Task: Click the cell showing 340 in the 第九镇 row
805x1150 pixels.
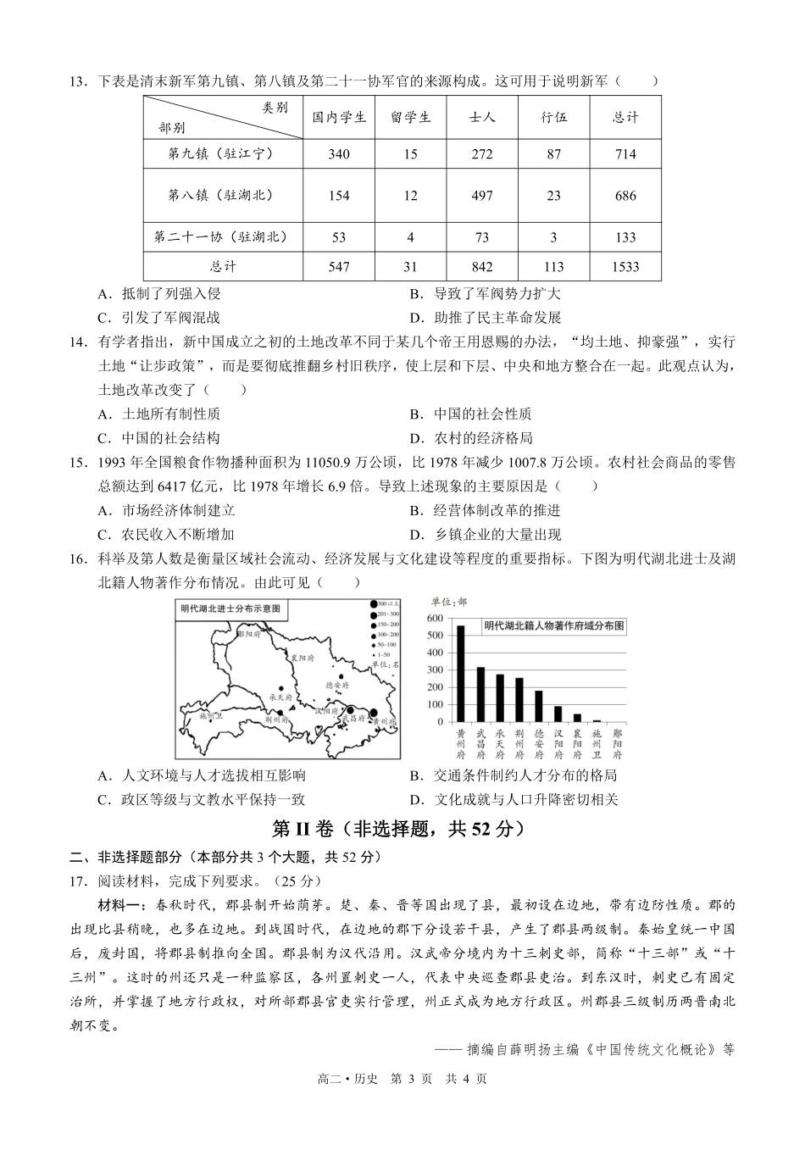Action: [338, 154]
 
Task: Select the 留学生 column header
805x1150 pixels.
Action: [411, 118]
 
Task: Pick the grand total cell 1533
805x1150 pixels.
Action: [625, 267]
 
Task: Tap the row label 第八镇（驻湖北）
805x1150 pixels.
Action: [223, 196]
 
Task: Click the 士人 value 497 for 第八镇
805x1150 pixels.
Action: [481, 196]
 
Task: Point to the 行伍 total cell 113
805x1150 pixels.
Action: [553, 267]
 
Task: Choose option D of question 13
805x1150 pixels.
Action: [485, 318]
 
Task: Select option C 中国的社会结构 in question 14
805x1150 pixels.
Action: [159, 438]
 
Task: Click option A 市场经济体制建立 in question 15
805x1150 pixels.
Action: [167, 510]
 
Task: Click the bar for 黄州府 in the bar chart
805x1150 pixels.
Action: [461, 674]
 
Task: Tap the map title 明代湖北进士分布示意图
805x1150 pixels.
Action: [230, 608]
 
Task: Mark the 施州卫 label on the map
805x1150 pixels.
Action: [210, 715]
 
